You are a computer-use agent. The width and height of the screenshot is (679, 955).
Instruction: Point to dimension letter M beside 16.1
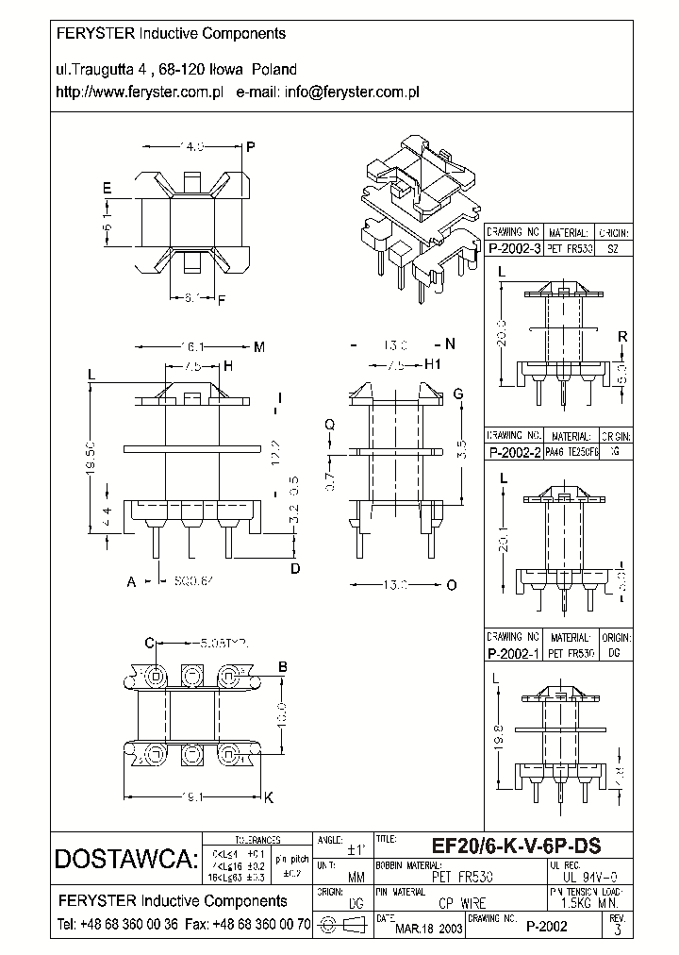pos(259,347)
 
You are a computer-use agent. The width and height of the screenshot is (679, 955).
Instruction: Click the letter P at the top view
pos(251,147)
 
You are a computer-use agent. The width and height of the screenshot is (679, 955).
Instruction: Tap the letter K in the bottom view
pos(267,798)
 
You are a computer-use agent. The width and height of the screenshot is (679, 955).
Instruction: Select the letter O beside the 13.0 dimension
pos(451,585)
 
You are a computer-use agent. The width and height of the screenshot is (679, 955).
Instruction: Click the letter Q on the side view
pos(329,425)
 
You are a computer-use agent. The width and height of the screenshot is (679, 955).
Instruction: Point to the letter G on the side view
pos(457,394)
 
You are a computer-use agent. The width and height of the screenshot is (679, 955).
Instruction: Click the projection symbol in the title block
pos(342,925)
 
